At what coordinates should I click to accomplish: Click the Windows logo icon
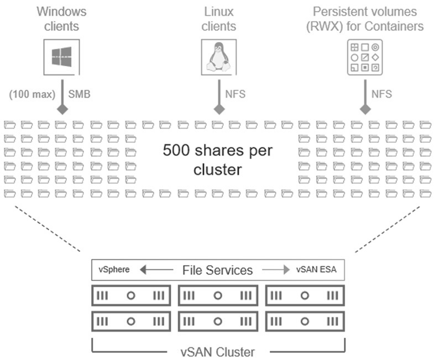coord(61,57)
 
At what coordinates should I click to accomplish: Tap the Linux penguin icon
coord(219,57)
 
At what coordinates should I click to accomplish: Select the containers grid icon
coord(365,57)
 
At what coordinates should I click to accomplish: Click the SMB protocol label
coord(80,94)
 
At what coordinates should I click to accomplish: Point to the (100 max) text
coord(32,94)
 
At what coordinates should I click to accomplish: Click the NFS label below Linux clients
coord(235,94)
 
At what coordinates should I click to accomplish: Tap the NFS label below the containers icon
coord(382,94)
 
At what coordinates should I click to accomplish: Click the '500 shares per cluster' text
coord(218,160)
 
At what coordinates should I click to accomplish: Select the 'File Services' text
coord(218,270)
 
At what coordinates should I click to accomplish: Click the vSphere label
coord(114,269)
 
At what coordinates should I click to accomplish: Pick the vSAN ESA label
coord(316,269)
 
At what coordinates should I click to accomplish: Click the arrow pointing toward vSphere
coord(156,269)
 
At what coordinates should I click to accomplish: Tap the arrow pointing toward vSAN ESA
coord(276,269)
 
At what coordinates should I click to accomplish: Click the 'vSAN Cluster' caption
coord(218,352)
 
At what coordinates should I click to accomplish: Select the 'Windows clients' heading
coord(61,19)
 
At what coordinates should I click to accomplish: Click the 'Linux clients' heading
coord(219,19)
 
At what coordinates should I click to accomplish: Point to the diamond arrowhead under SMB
coord(62,109)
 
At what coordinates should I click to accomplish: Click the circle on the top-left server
coord(131,296)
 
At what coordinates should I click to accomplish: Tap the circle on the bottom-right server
coord(305,321)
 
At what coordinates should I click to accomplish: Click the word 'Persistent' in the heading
coord(338,12)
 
